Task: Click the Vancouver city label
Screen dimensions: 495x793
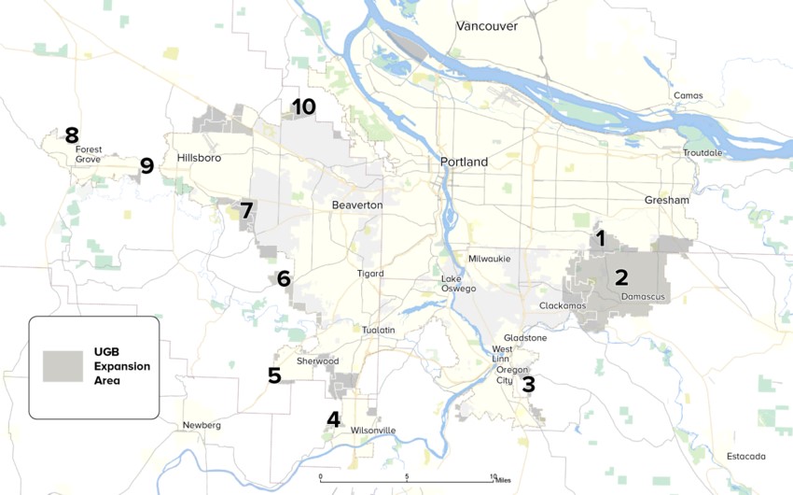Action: (486, 26)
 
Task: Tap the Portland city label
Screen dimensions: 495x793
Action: (464, 162)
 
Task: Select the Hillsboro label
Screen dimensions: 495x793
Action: (199, 158)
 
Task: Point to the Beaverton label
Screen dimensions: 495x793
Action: (356, 204)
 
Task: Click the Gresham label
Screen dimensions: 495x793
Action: (666, 200)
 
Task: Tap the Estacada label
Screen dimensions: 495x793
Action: (745, 456)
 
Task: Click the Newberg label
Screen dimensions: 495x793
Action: (202, 425)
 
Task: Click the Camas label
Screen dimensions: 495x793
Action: (688, 95)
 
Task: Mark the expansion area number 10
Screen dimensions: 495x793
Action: (303, 106)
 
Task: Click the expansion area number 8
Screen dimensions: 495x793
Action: (71, 135)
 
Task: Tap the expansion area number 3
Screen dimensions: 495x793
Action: (528, 383)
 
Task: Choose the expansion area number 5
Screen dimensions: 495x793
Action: (274, 375)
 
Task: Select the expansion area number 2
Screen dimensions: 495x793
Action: (620, 276)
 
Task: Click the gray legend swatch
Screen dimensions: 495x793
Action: (63, 365)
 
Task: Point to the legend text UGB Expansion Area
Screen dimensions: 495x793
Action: (121, 366)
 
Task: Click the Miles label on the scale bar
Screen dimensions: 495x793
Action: (505, 481)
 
